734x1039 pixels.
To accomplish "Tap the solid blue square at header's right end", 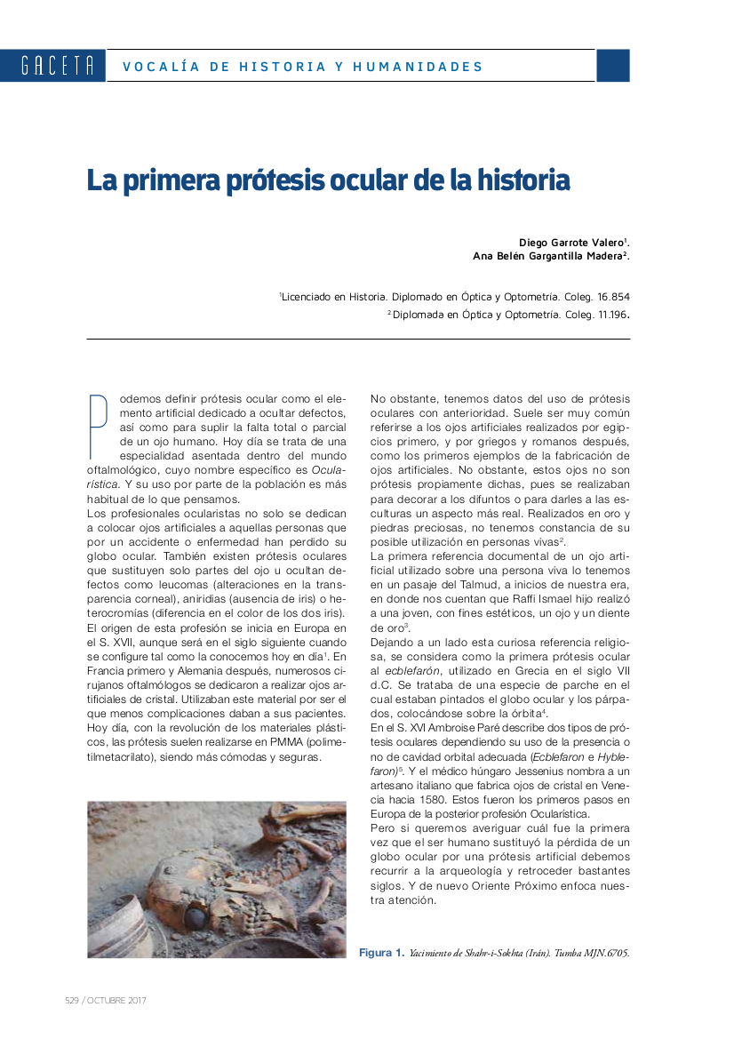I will coord(612,66).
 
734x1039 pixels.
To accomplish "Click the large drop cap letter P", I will coord(98,425).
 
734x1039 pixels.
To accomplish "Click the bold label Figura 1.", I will coord(381,953).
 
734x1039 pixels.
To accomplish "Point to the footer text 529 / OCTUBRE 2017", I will coord(106,1000).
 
